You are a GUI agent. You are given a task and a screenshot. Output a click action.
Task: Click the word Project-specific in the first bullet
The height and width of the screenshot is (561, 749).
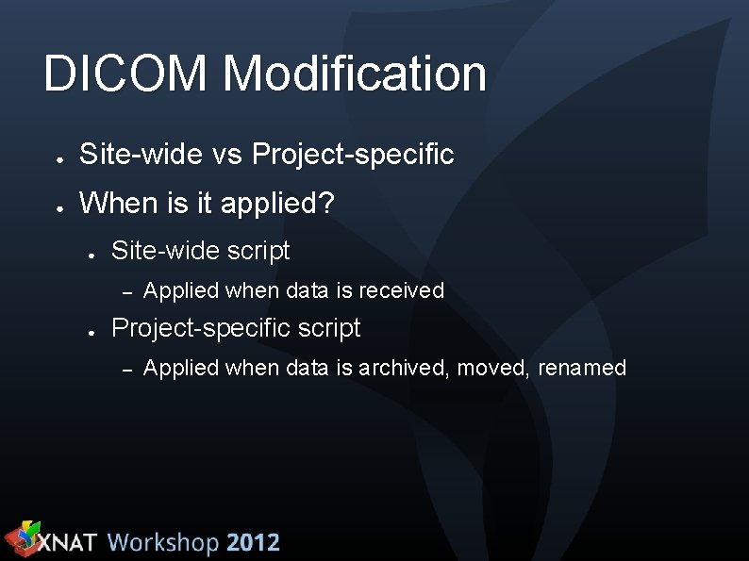pyautogui.click(x=353, y=154)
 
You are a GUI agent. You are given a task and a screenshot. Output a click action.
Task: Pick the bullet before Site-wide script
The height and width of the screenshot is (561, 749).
pyautogui.click(x=92, y=255)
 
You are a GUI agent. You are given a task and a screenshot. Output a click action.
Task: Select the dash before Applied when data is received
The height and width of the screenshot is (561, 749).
pyautogui.click(x=127, y=291)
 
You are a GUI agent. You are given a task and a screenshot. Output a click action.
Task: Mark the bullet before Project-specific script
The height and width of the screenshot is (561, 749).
pyautogui.click(x=92, y=332)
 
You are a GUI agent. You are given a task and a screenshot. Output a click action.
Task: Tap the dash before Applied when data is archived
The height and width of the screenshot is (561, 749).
pyautogui.click(x=127, y=369)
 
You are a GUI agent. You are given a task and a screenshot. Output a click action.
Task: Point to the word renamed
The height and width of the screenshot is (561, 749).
pyautogui.click(x=582, y=368)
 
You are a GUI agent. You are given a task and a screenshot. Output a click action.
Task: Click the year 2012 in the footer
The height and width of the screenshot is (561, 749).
pyautogui.click(x=253, y=543)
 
